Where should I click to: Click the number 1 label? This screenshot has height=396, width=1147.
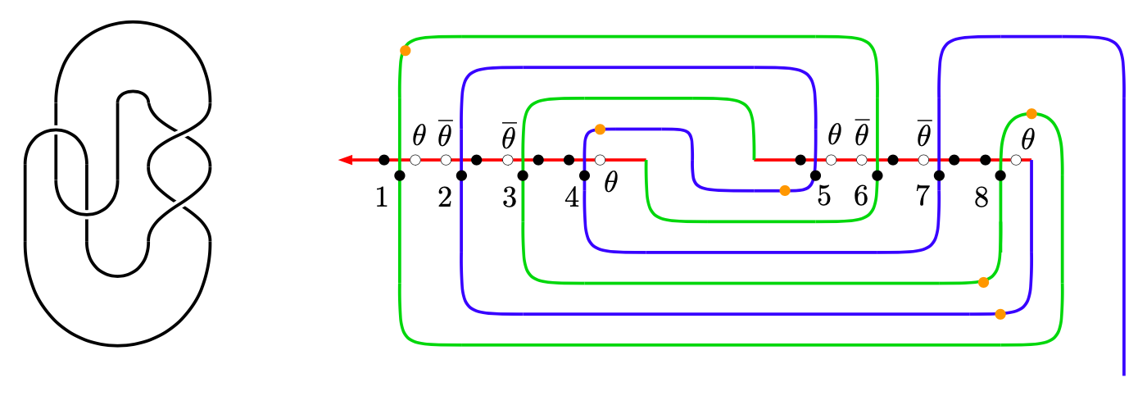click(381, 198)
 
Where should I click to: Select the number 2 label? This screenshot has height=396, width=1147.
click(445, 198)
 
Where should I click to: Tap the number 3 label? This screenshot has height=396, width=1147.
click(509, 198)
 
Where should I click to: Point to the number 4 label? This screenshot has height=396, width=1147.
click(572, 198)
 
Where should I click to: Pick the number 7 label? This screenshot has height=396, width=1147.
click(922, 197)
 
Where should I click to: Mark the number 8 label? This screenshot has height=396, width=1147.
click(982, 198)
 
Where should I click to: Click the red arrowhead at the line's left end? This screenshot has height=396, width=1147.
click(346, 160)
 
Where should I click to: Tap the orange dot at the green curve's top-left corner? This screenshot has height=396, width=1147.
click(405, 51)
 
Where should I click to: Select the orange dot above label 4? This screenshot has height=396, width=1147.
click(600, 130)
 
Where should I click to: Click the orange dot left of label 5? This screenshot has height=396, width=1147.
click(785, 190)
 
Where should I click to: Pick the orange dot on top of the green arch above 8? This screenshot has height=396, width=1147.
click(1031, 113)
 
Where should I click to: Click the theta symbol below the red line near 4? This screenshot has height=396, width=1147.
click(610, 183)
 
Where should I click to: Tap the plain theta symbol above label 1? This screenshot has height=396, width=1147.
click(419, 134)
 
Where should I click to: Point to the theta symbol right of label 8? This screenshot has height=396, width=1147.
click(1028, 136)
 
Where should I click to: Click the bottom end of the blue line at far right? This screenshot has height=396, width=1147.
click(1122, 373)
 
